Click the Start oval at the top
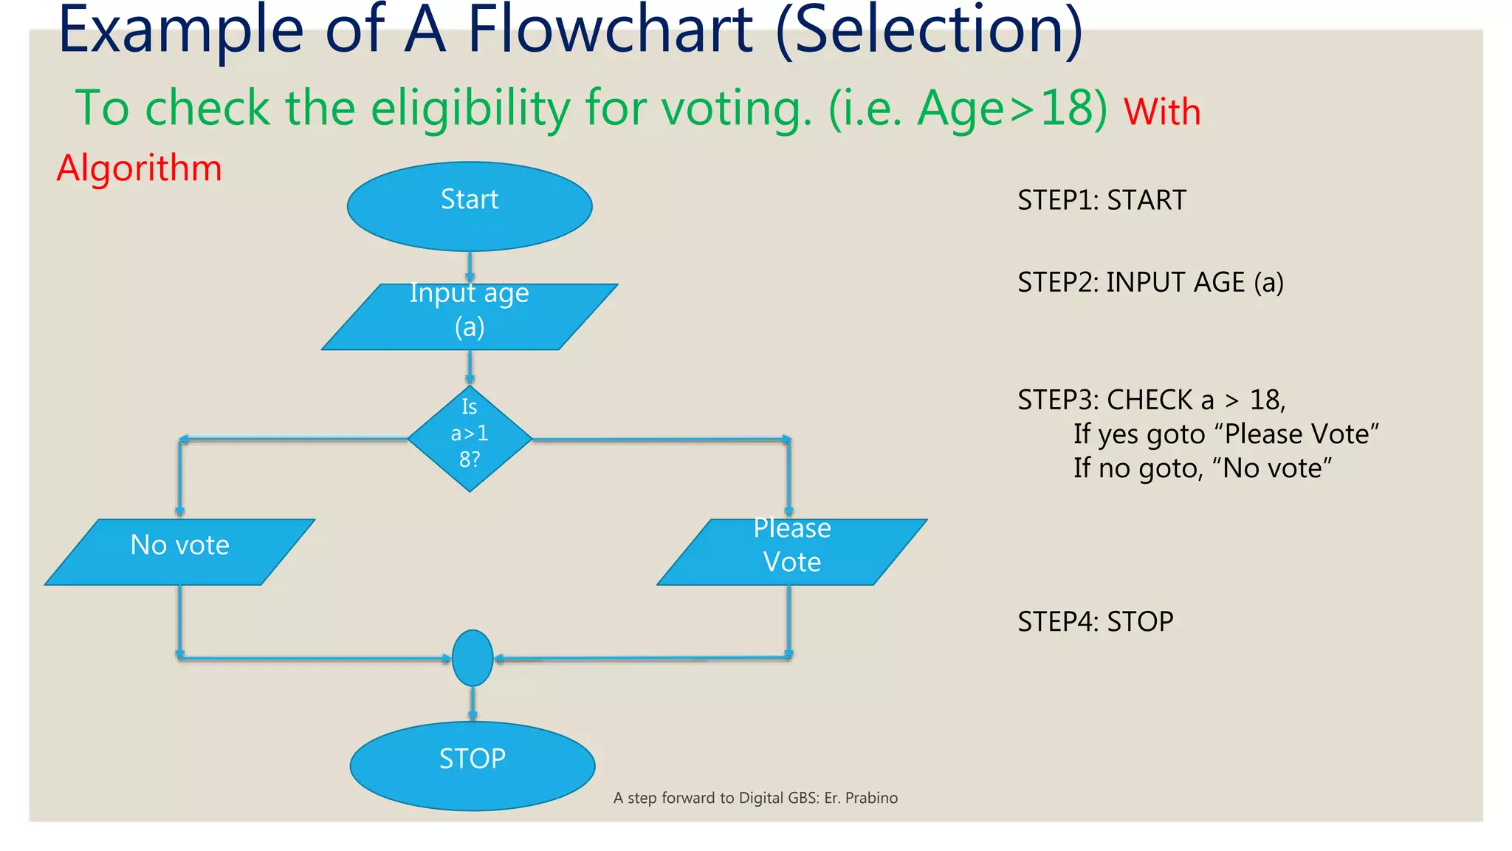[x=470, y=206]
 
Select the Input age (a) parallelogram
[x=470, y=317]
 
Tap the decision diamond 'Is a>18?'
[x=470, y=438]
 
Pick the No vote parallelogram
[x=180, y=552]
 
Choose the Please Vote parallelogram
[x=791, y=552]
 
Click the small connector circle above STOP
[x=472, y=657]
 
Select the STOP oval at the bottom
[x=472, y=765]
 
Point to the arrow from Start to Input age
[x=470, y=267]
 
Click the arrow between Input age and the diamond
[x=470, y=367]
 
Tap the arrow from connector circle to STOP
[x=472, y=703]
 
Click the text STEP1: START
[x=1102, y=200]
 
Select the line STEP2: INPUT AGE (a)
[x=1150, y=282]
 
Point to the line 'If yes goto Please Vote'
[x=1226, y=434]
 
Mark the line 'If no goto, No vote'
[x=1202, y=468]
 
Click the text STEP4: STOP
[x=1095, y=621]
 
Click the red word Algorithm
[x=140, y=168]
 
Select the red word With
[x=1162, y=112]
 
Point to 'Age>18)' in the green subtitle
[x=1011, y=109]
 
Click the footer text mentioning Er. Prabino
[x=755, y=798]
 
